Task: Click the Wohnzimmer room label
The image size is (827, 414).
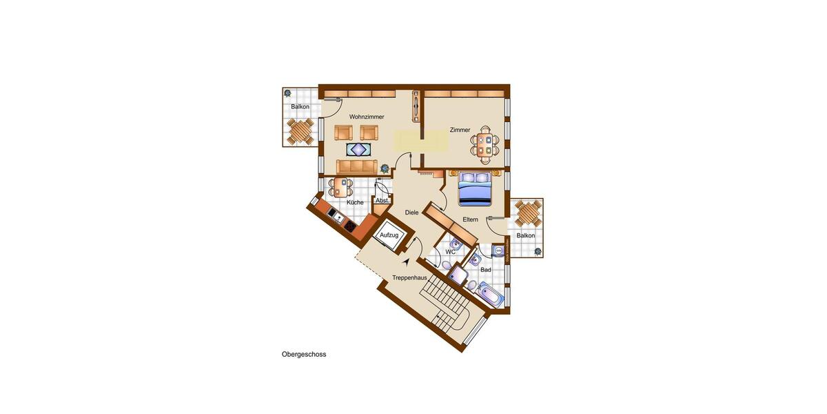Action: [x=366, y=117]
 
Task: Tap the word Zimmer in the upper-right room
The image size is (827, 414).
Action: [x=460, y=130]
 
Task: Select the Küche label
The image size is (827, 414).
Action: [x=355, y=202]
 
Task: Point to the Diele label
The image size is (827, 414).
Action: [x=411, y=213]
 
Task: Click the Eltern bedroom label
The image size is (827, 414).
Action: [x=470, y=219]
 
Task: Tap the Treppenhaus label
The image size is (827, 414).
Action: [x=409, y=277]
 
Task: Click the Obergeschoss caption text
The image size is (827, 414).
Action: [x=303, y=355]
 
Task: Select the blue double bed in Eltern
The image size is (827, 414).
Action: [x=475, y=189]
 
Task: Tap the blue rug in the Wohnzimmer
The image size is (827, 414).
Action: [x=359, y=149]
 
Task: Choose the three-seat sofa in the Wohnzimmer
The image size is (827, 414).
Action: [x=357, y=166]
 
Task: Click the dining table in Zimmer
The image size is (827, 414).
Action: [x=484, y=144]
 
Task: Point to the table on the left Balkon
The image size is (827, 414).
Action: [x=300, y=131]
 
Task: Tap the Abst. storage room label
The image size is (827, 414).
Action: [x=382, y=200]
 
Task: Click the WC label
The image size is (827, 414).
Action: [x=450, y=252]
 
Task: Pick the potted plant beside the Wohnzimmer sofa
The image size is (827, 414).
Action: [x=384, y=168]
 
